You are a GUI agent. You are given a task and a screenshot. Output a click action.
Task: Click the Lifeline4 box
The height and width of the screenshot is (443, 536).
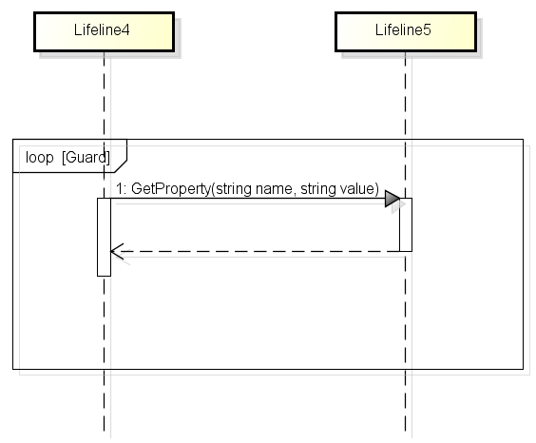tap(103, 30)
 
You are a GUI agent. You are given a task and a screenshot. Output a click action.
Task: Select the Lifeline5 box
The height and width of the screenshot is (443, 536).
tap(404, 30)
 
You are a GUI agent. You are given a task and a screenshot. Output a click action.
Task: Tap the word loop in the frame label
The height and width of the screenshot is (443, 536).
tap(40, 155)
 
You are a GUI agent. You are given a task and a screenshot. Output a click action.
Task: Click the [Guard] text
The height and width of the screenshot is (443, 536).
tap(86, 155)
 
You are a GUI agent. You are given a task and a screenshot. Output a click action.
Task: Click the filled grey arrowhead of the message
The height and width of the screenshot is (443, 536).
tap(392, 199)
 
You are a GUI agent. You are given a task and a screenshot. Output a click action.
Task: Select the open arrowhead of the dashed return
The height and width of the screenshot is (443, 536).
tap(116, 252)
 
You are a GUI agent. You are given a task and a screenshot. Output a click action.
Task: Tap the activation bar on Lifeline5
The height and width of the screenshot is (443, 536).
tap(405, 224)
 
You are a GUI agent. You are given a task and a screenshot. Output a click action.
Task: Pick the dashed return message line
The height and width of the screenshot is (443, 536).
tap(257, 252)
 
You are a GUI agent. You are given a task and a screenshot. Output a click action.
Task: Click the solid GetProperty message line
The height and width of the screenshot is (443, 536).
tap(247, 199)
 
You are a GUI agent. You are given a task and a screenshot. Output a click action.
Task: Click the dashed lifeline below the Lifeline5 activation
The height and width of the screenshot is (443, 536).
tap(405, 314)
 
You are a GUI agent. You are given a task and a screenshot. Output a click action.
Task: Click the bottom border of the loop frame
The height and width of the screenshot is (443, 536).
tap(266, 368)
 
